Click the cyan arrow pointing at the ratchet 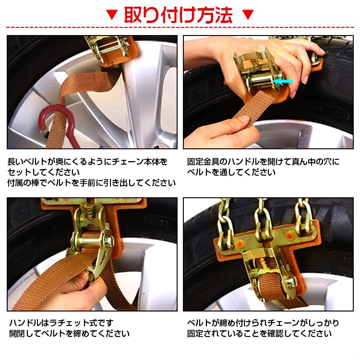283,81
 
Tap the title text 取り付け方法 179,15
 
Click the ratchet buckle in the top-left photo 108,49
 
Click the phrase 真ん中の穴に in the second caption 316,162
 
